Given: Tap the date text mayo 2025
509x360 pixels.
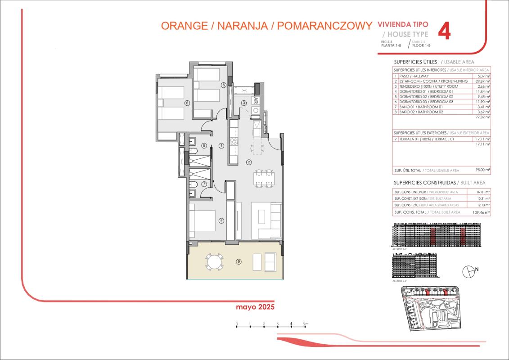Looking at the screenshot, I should click(x=255, y=307).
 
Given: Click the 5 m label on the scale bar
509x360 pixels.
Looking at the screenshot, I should click(x=305, y=324).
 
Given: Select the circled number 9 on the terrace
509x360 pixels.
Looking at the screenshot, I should click(x=239, y=261).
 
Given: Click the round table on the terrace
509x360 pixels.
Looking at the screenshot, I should click(x=214, y=261).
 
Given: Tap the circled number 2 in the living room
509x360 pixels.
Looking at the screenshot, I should click(x=248, y=162).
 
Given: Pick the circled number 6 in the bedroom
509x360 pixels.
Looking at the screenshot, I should click(x=187, y=103).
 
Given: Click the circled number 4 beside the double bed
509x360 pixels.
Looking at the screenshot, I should click(x=221, y=220).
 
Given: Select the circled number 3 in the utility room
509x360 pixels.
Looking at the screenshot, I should click(x=243, y=103).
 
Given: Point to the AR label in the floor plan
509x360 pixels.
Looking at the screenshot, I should click(x=256, y=100).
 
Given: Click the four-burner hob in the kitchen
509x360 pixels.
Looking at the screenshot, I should click(x=234, y=142).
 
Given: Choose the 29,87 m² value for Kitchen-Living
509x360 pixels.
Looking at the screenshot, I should click(x=482, y=81).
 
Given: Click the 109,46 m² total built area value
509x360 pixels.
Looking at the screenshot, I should click(x=481, y=212).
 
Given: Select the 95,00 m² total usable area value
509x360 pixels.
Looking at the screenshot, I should click(x=483, y=171).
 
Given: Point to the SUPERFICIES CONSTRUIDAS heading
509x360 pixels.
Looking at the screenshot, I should click(x=425, y=183).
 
